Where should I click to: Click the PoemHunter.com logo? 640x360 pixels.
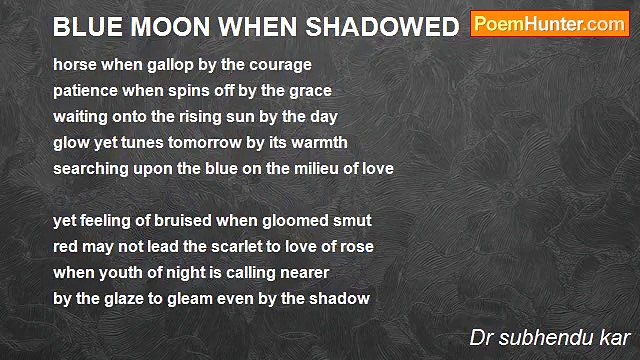pos(549,25)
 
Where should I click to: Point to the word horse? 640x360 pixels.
pos(75,64)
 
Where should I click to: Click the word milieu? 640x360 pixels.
pos(311,168)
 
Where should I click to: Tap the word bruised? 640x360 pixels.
pos(170,220)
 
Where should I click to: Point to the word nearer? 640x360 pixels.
pos(301,272)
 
